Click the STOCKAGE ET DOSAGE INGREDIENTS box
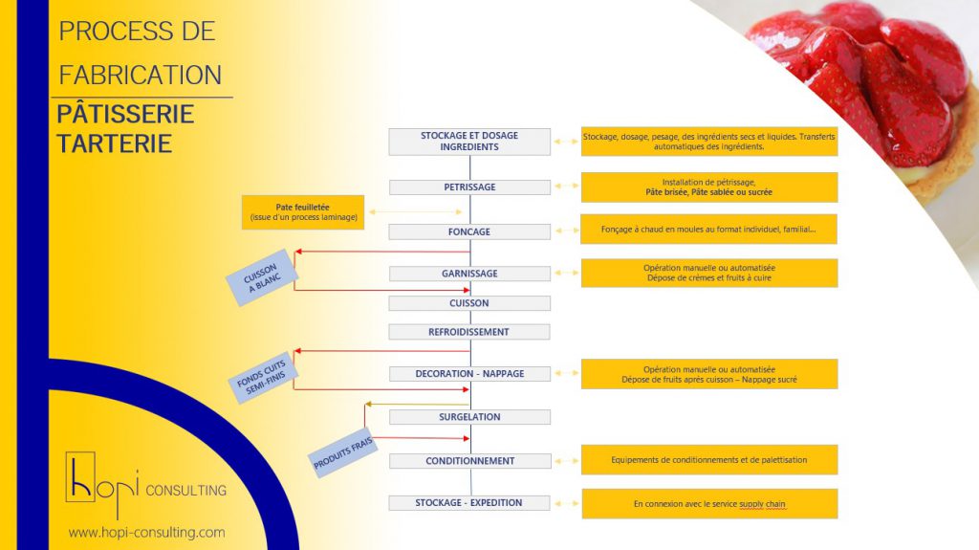(469, 142)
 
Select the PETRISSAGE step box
(469, 187)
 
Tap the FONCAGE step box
(469, 231)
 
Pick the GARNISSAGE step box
(469, 274)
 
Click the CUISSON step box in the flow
(469, 303)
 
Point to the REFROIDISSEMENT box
(469, 332)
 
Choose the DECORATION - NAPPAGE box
(469, 374)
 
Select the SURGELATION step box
(469, 417)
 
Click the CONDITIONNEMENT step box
(469, 461)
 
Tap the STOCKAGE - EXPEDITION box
(469, 503)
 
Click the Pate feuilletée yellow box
(303, 212)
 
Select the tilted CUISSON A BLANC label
(259, 277)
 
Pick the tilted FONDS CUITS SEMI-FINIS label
(267, 377)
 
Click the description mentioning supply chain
(709, 504)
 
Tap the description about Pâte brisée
(709, 187)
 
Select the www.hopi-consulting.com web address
(146, 532)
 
